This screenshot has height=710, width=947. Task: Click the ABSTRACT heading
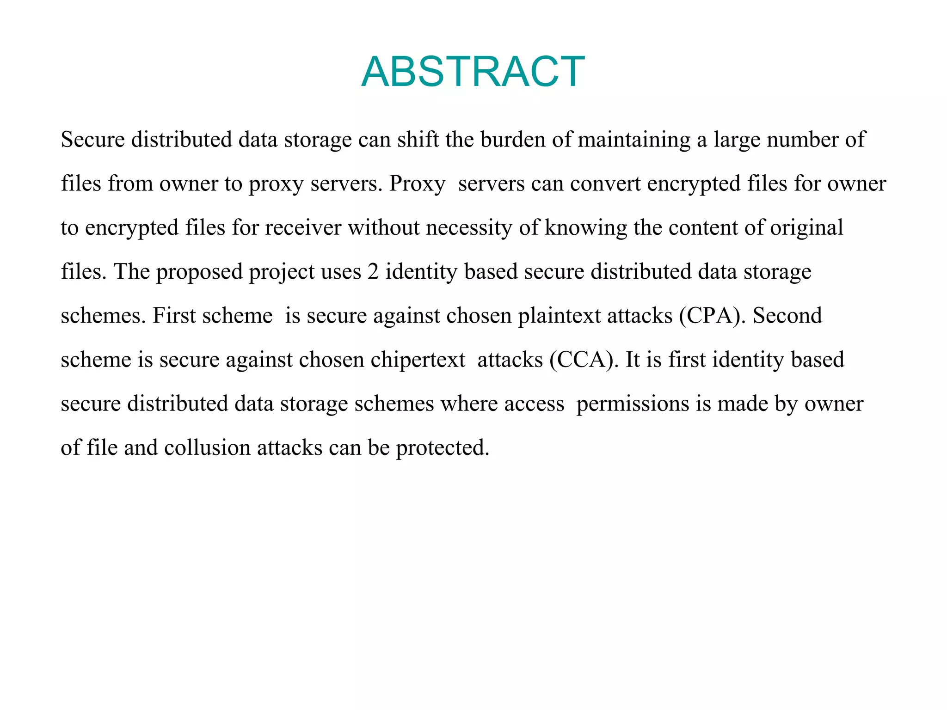click(473, 72)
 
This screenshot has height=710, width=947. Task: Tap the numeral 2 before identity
click(373, 272)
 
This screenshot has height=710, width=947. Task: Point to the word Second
click(787, 316)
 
